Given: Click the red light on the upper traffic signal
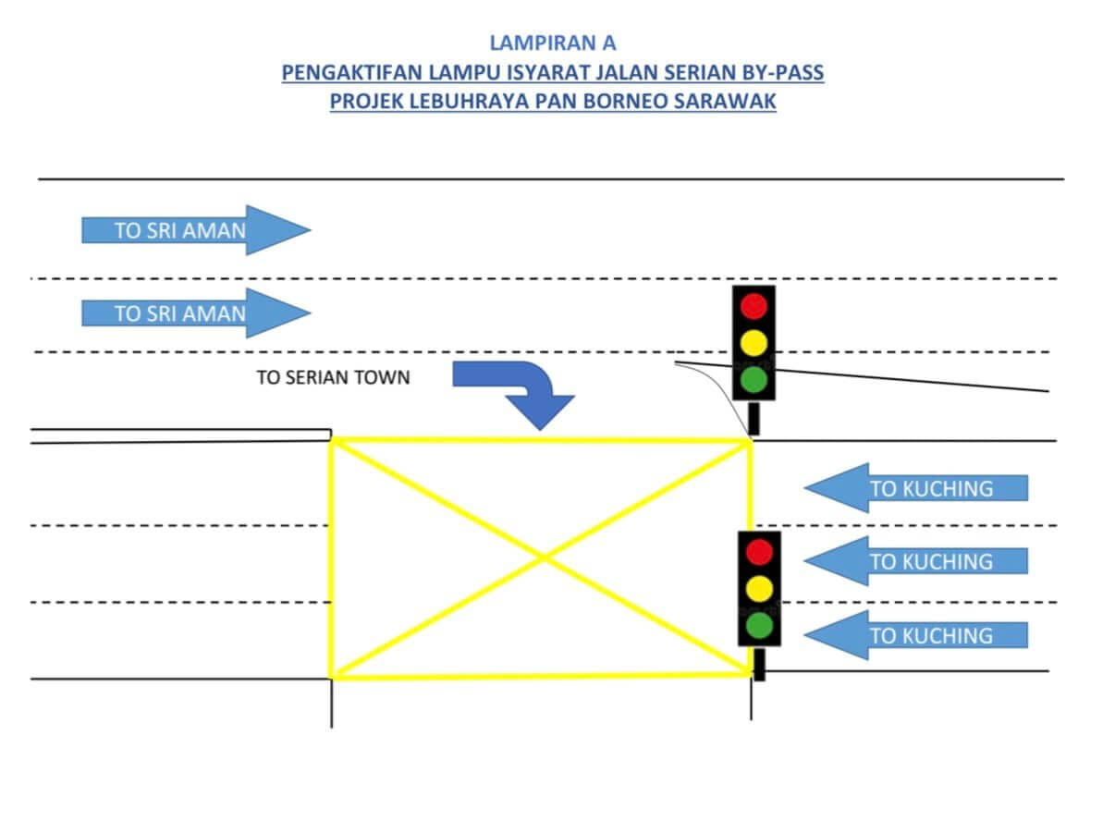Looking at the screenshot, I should point(754,306).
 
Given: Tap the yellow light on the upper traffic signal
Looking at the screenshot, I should point(754,342).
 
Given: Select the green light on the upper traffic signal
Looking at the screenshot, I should point(754,379).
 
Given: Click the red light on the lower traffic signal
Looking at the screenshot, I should point(759,552).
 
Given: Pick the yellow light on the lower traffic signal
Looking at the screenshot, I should point(759,588).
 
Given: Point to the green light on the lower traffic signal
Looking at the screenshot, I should point(759,626).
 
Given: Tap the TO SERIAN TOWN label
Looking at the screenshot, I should point(333,377).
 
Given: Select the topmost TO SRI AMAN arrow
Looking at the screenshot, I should point(195,230).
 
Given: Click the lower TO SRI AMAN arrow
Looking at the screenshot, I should point(195,312).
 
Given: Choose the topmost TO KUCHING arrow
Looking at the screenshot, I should point(915,487).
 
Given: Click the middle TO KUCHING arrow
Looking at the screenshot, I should point(915,560).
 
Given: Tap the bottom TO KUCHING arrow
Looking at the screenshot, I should point(915,634).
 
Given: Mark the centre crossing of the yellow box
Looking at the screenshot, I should point(543,558).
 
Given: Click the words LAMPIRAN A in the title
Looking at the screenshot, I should point(552,43).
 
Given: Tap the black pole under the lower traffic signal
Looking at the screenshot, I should point(759,664).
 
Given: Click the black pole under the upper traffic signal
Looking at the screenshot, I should point(754,418).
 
